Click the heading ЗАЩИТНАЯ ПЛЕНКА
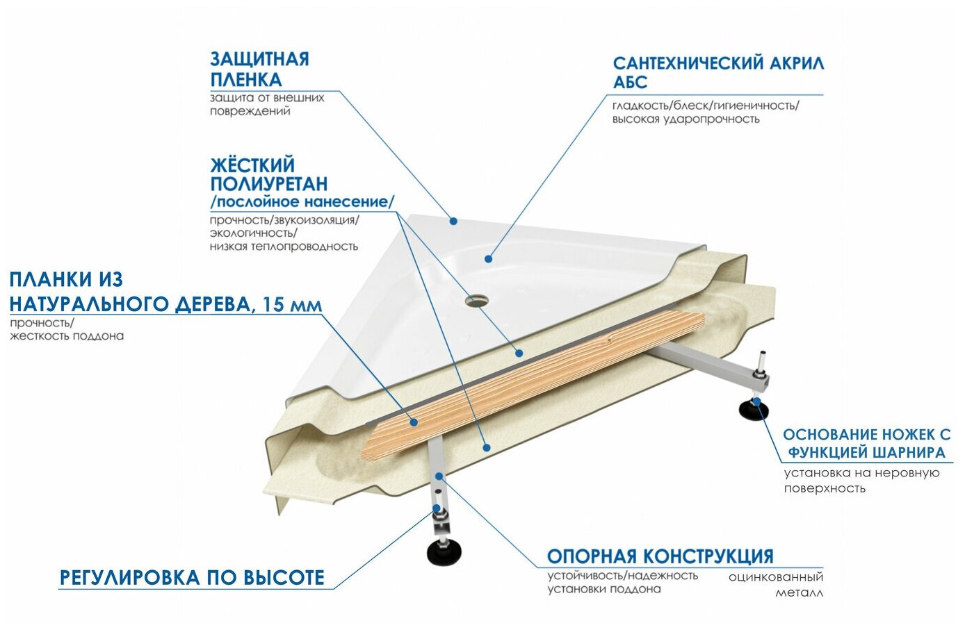[x=259, y=69]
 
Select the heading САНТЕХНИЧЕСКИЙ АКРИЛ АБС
[x=717, y=72]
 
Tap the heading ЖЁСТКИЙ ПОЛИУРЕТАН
[x=268, y=174]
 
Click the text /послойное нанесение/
[x=302, y=202]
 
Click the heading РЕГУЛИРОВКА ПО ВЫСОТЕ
[x=192, y=578]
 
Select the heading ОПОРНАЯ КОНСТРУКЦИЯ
[x=660, y=556]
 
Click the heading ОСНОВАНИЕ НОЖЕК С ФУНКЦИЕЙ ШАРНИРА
[x=866, y=444]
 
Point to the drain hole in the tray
[x=477, y=301]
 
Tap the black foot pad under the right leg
[x=753, y=410]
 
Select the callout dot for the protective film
[x=453, y=221]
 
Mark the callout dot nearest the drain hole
[x=488, y=258]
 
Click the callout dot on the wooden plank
[x=414, y=422]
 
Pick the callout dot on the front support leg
[x=439, y=476]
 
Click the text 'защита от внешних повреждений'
[x=267, y=104]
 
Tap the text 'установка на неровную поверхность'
[x=861, y=481]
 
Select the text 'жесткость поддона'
[x=67, y=336]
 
